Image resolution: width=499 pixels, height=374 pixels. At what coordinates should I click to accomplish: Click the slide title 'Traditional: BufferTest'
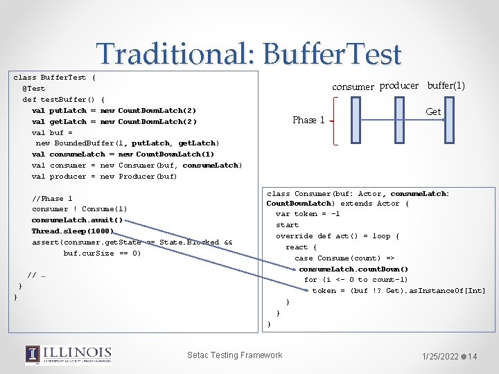tap(249, 54)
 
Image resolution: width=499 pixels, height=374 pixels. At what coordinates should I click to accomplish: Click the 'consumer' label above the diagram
tap(353, 87)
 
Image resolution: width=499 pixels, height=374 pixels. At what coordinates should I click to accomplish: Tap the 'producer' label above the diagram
tap(399, 86)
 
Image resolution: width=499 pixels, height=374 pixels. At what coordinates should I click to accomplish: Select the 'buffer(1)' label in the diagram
tap(446, 86)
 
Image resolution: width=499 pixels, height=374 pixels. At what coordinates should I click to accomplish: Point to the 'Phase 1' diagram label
tap(308, 120)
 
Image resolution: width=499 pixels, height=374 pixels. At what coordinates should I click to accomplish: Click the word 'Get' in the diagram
tap(433, 112)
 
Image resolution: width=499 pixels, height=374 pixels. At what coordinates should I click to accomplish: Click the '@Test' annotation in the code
tap(34, 89)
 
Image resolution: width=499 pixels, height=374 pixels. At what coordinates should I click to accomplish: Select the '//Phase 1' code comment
tap(52, 198)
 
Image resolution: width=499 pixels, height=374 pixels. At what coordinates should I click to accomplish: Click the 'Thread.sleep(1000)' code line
tap(72, 231)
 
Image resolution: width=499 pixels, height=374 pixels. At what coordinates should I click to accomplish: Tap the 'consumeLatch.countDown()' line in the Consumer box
tap(353, 269)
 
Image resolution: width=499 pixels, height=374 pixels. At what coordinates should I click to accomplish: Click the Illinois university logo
tap(68, 355)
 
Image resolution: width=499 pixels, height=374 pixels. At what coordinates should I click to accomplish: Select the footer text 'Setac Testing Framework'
tap(235, 355)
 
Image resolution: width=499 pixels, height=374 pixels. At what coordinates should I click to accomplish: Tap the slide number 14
tap(473, 357)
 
